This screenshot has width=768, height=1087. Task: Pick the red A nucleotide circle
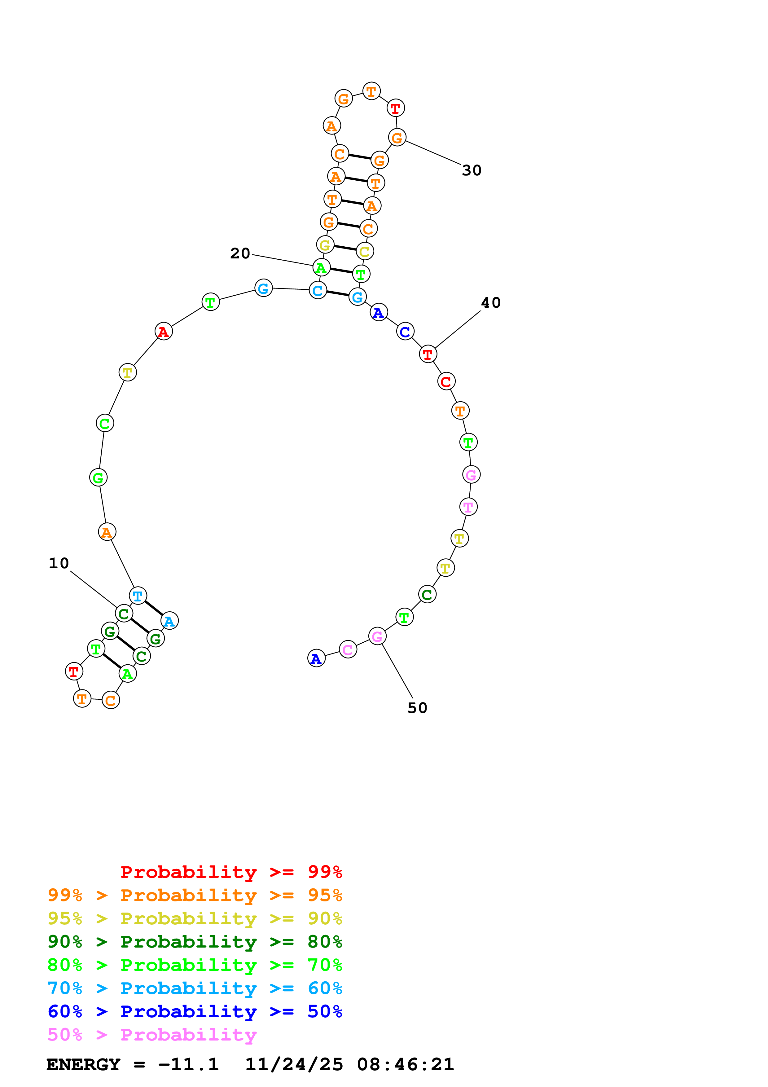[164, 332]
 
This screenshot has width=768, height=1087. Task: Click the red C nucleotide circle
[446, 381]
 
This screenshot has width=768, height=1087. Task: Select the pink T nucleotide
[468, 507]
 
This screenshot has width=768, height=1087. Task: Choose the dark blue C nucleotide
[405, 332]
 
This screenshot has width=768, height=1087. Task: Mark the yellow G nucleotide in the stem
[325, 245]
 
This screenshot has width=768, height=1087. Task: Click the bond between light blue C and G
[337, 293]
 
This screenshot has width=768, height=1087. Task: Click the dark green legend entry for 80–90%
[195, 942]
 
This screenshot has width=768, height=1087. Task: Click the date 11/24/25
[294, 1065]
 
